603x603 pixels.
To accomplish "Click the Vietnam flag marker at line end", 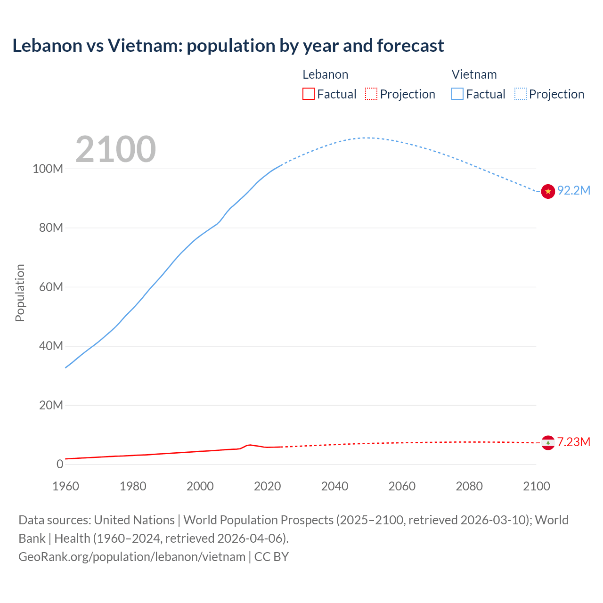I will point(548,191).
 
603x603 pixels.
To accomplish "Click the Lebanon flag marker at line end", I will point(548,443).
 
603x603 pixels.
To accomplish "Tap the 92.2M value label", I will point(573,190).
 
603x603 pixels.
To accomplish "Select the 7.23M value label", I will point(573,442).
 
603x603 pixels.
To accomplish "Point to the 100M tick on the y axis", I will point(48,169).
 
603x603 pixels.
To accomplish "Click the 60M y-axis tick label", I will point(50,287).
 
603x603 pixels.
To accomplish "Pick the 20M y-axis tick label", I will point(50,405).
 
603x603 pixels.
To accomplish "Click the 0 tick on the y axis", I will point(59,464).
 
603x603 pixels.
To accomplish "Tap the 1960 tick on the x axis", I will point(65,486).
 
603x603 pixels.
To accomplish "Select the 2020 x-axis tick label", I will point(267,486).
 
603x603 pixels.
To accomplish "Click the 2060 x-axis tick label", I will point(402,486).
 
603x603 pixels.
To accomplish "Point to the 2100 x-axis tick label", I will point(536,486).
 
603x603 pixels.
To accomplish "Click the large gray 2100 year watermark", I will point(115,149).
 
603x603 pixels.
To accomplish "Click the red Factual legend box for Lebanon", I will point(308,94).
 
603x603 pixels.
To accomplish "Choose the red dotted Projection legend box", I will point(371,94).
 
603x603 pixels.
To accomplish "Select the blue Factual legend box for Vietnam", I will point(457,94).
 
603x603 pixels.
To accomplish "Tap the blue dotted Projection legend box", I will point(520,94).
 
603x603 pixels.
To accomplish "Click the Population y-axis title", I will point(20,293).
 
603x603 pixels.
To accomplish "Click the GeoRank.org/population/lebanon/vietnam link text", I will point(132,557).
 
